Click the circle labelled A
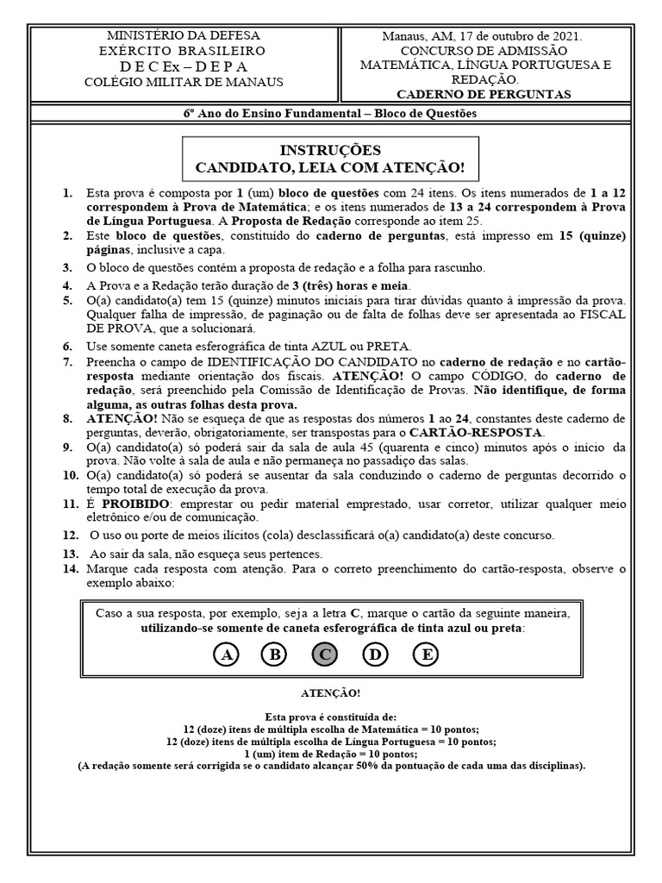tap(227, 655)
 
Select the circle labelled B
tap(275, 655)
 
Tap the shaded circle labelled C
tap(325, 655)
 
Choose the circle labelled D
tap(375, 655)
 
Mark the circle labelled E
tap(425, 655)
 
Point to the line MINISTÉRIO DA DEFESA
tap(182, 36)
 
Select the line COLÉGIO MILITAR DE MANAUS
tap(182, 83)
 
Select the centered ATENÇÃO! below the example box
tap(331, 692)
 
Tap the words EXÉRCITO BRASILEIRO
tap(182, 52)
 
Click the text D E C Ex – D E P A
tap(182, 67)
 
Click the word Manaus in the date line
tap(403, 37)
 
